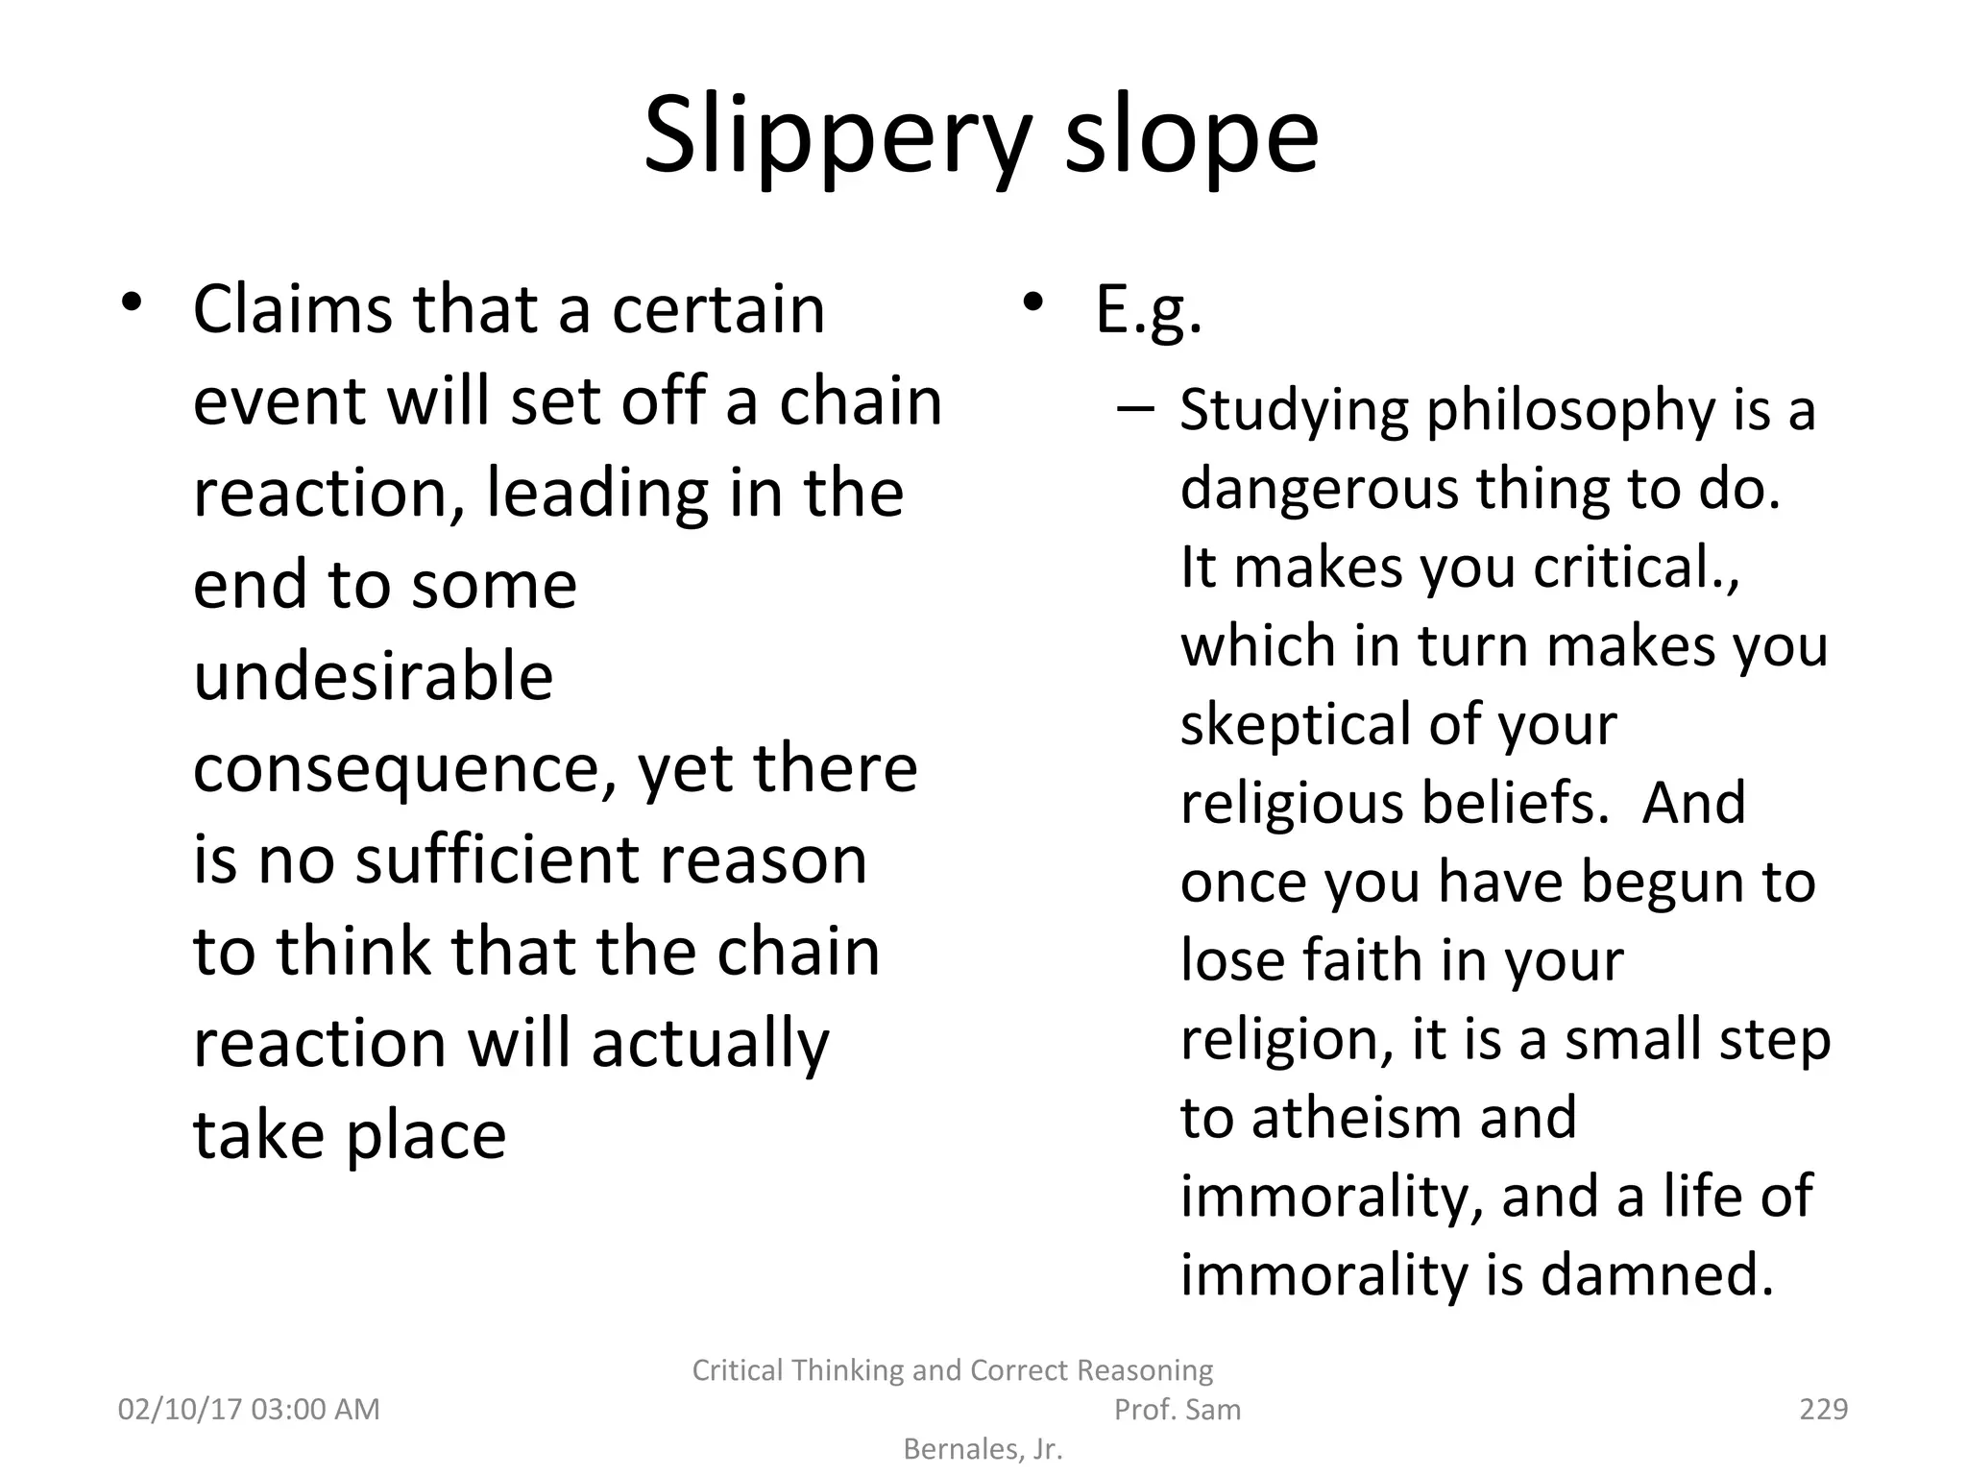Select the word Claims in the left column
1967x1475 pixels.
tap(294, 309)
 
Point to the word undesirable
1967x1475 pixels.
tap(374, 676)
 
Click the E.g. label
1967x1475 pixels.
tap(1149, 311)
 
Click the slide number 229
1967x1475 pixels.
tap(1823, 1409)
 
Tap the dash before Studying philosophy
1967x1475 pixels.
tap(1135, 408)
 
